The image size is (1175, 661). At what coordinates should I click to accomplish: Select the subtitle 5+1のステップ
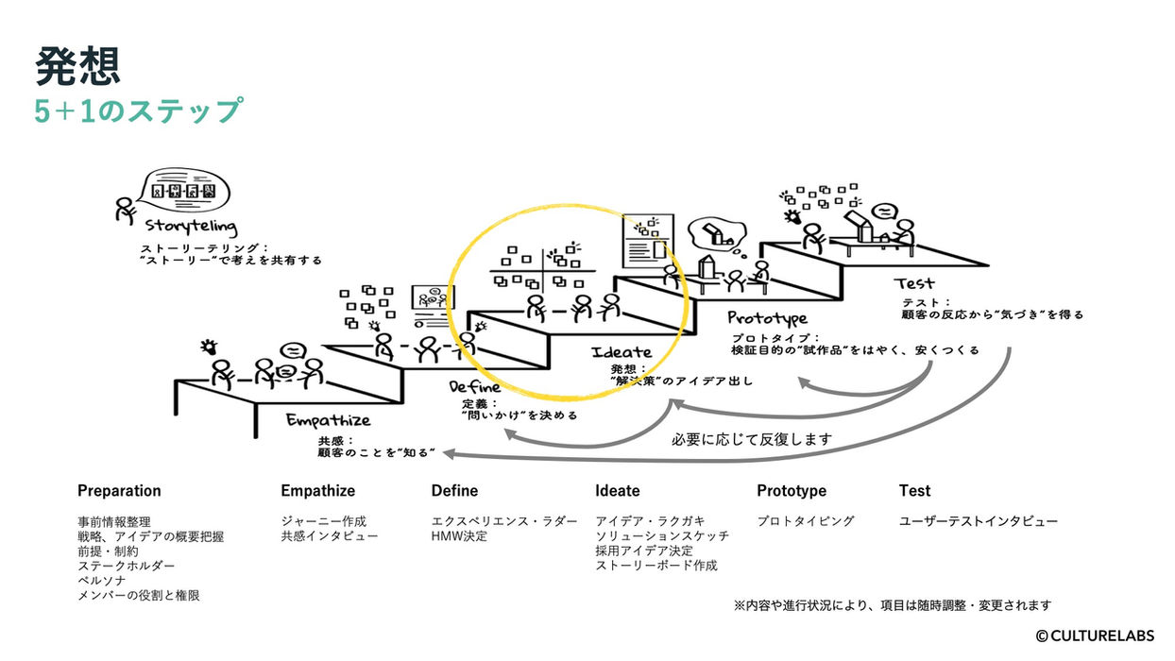pyautogui.click(x=139, y=110)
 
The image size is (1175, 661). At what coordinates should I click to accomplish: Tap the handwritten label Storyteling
pyautogui.click(x=191, y=228)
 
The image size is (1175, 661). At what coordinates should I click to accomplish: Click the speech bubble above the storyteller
pyautogui.click(x=183, y=190)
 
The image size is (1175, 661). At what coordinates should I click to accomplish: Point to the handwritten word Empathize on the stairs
pyautogui.click(x=328, y=420)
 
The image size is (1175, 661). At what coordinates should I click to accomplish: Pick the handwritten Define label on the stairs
pyautogui.click(x=475, y=387)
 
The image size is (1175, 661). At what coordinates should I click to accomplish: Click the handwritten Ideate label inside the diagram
pyautogui.click(x=621, y=352)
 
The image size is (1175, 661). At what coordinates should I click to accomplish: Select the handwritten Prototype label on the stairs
pyautogui.click(x=767, y=318)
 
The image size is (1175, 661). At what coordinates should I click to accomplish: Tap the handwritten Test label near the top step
pyautogui.click(x=913, y=283)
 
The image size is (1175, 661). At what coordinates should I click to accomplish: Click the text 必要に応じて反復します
pyautogui.click(x=752, y=439)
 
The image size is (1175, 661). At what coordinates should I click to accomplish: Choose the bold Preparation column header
pyautogui.click(x=119, y=491)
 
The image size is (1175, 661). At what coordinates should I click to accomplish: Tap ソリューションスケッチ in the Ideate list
pyautogui.click(x=662, y=536)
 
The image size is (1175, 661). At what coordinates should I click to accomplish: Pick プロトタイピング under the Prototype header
pyautogui.click(x=806, y=521)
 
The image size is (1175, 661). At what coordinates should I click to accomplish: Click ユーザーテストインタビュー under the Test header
pyautogui.click(x=979, y=521)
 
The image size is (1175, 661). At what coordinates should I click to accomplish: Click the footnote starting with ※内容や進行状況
pyautogui.click(x=892, y=605)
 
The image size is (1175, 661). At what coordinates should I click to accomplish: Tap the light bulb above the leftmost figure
pyautogui.click(x=209, y=347)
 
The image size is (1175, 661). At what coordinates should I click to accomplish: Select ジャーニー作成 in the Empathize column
pyautogui.click(x=323, y=521)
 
